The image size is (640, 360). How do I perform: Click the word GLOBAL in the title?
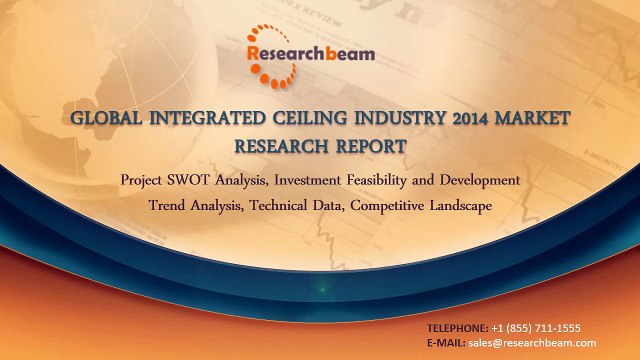point(107,120)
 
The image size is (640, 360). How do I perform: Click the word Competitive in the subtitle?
point(385,205)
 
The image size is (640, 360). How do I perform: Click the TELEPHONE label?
point(458,328)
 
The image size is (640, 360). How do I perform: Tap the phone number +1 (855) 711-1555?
point(536,328)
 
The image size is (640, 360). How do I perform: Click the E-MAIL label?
point(446,343)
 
